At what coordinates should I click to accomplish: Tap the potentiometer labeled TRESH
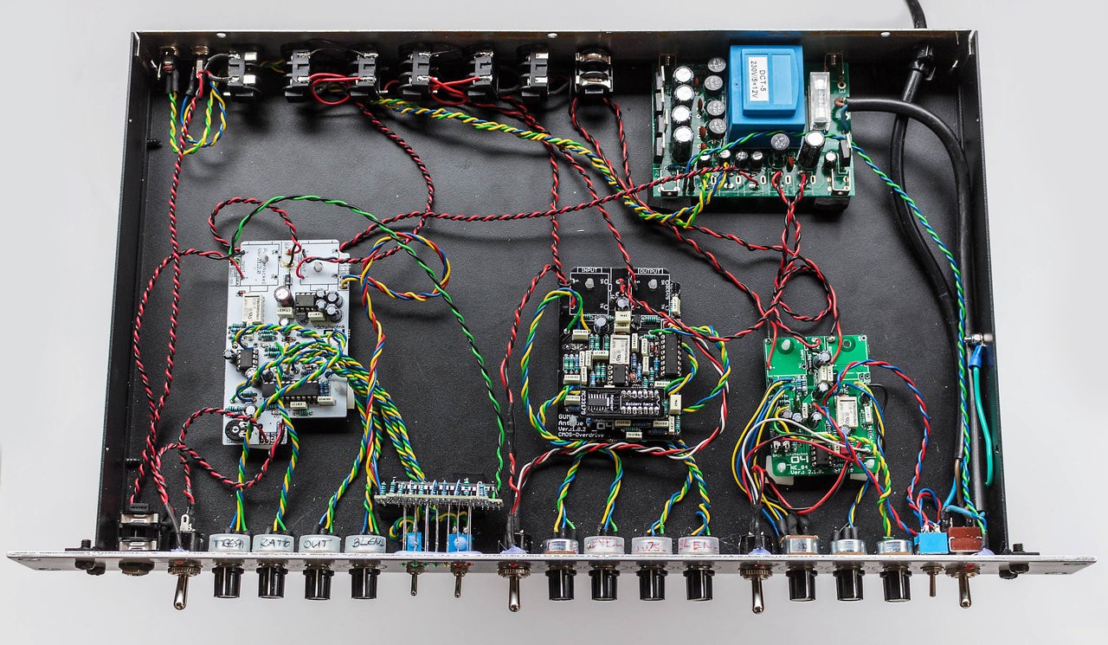[x=229, y=543]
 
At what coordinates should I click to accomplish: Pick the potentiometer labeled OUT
[x=319, y=543]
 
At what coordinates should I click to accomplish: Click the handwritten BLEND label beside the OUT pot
[x=364, y=543]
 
